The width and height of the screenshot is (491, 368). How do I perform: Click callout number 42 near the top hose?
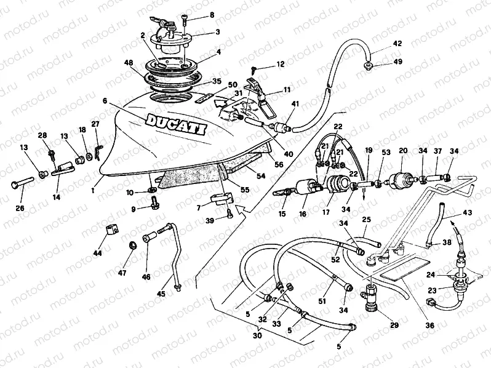(397, 44)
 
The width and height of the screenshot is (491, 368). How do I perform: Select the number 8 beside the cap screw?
(212, 15)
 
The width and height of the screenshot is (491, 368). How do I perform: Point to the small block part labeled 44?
(111, 234)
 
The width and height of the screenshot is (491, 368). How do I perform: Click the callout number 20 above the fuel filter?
(404, 150)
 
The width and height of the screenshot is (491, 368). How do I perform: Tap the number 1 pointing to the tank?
(94, 191)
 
